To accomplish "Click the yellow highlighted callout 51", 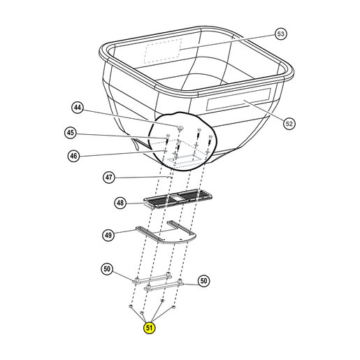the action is pyautogui.click(x=149, y=328).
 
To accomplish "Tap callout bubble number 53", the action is pyautogui.click(x=280, y=34).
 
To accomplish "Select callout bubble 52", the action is pyautogui.click(x=289, y=124).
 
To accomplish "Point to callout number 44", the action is pyautogui.click(x=78, y=108).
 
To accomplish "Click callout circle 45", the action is pyautogui.click(x=71, y=133).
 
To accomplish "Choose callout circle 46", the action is pyautogui.click(x=73, y=156).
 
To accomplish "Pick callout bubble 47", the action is pyautogui.click(x=109, y=178).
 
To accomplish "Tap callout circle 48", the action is pyautogui.click(x=120, y=203).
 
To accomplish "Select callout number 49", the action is pyautogui.click(x=108, y=235).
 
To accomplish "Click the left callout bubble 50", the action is pyautogui.click(x=107, y=269).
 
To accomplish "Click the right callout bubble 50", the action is pyautogui.click(x=203, y=281).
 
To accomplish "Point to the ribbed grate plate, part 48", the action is pyautogui.click(x=178, y=199).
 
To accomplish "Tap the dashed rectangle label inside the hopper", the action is pyautogui.click(x=163, y=51).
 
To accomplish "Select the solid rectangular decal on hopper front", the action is pyautogui.click(x=238, y=99).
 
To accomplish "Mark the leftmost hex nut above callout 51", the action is pyautogui.click(x=131, y=305).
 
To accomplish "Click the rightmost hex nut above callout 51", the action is pyautogui.click(x=173, y=307).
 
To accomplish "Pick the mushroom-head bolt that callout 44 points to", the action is pyautogui.click(x=180, y=127).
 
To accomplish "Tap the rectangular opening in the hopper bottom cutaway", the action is pyautogui.click(x=183, y=159).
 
